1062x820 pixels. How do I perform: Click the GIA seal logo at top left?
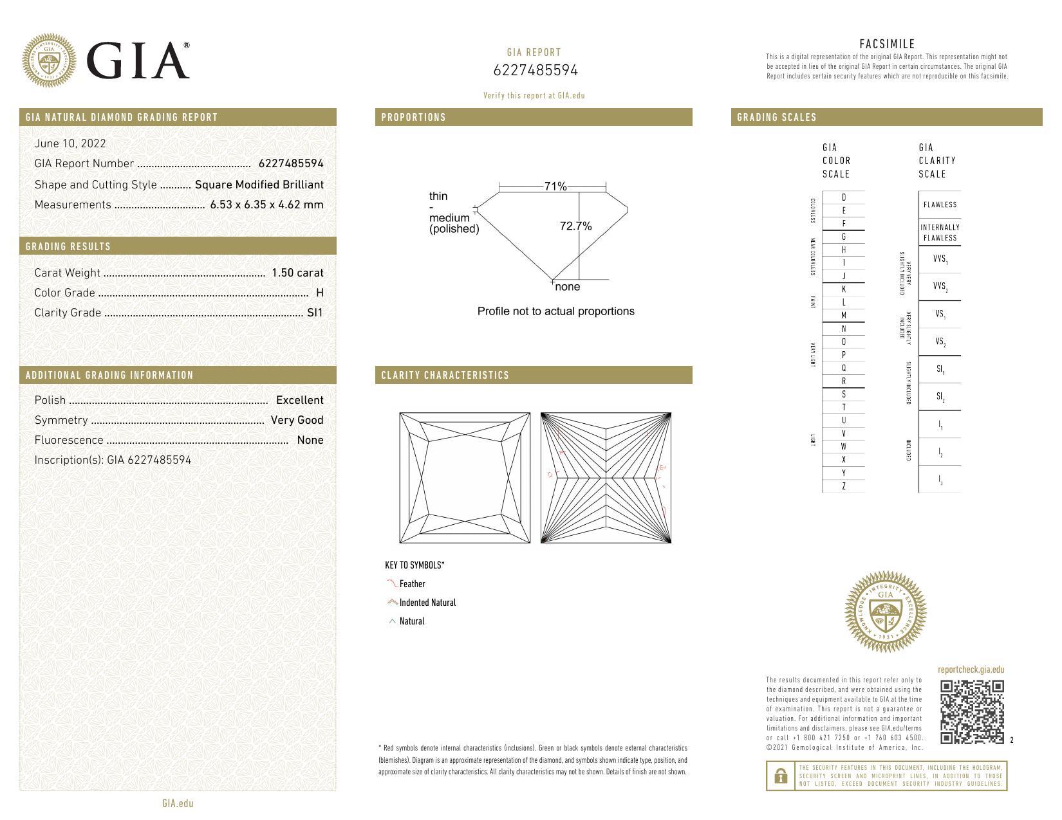tap(49, 60)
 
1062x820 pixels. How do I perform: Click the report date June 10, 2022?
tap(70, 143)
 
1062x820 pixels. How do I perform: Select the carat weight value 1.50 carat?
tap(297, 273)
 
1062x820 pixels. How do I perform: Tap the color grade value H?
tap(320, 293)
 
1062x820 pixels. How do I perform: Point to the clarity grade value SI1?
tap(315, 313)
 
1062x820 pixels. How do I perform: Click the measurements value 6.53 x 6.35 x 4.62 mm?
tap(266, 205)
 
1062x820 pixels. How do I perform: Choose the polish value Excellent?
tap(299, 400)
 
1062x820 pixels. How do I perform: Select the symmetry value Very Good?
tap(297, 420)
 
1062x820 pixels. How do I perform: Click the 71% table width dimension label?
tap(555, 187)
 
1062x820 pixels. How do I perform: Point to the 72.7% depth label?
tap(575, 226)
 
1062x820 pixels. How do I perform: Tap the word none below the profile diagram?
tap(567, 287)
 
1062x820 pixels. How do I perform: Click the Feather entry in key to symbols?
tap(412, 584)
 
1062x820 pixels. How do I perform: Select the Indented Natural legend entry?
tap(427, 603)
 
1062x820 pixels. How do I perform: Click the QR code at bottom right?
tap(972, 711)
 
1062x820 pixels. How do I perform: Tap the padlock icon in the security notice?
tap(781, 776)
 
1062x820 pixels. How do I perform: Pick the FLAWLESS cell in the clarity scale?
tap(940, 205)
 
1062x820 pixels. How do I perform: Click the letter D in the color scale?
tap(844, 197)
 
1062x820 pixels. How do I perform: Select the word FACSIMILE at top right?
tap(887, 44)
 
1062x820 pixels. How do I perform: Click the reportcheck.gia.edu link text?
tap(971, 670)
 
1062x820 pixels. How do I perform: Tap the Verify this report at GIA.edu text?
tap(534, 95)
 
